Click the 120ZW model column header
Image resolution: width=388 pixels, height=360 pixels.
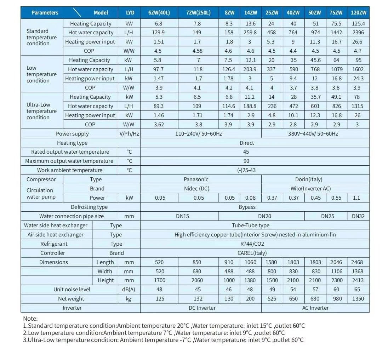(x=359, y=13)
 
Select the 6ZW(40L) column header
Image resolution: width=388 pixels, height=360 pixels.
(x=159, y=13)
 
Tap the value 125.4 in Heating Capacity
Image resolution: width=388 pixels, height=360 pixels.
(x=359, y=24)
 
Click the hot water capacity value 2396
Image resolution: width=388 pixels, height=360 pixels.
(x=359, y=33)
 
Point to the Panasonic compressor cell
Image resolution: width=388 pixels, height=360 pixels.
(x=196, y=179)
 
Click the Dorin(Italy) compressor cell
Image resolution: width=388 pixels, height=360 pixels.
(x=309, y=179)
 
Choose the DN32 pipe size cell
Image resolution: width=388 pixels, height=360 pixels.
(x=358, y=216)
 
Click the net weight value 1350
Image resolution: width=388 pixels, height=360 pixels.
(x=359, y=299)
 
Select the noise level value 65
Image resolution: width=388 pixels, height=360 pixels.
(x=359, y=290)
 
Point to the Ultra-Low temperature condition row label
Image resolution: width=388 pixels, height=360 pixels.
(x=41, y=111)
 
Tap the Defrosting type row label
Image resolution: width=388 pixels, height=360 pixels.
(x=89, y=207)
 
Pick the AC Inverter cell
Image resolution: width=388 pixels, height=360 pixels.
(x=315, y=308)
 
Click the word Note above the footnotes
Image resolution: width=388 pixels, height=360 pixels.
(x=30, y=319)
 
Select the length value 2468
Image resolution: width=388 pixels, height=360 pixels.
(x=359, y=262)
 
